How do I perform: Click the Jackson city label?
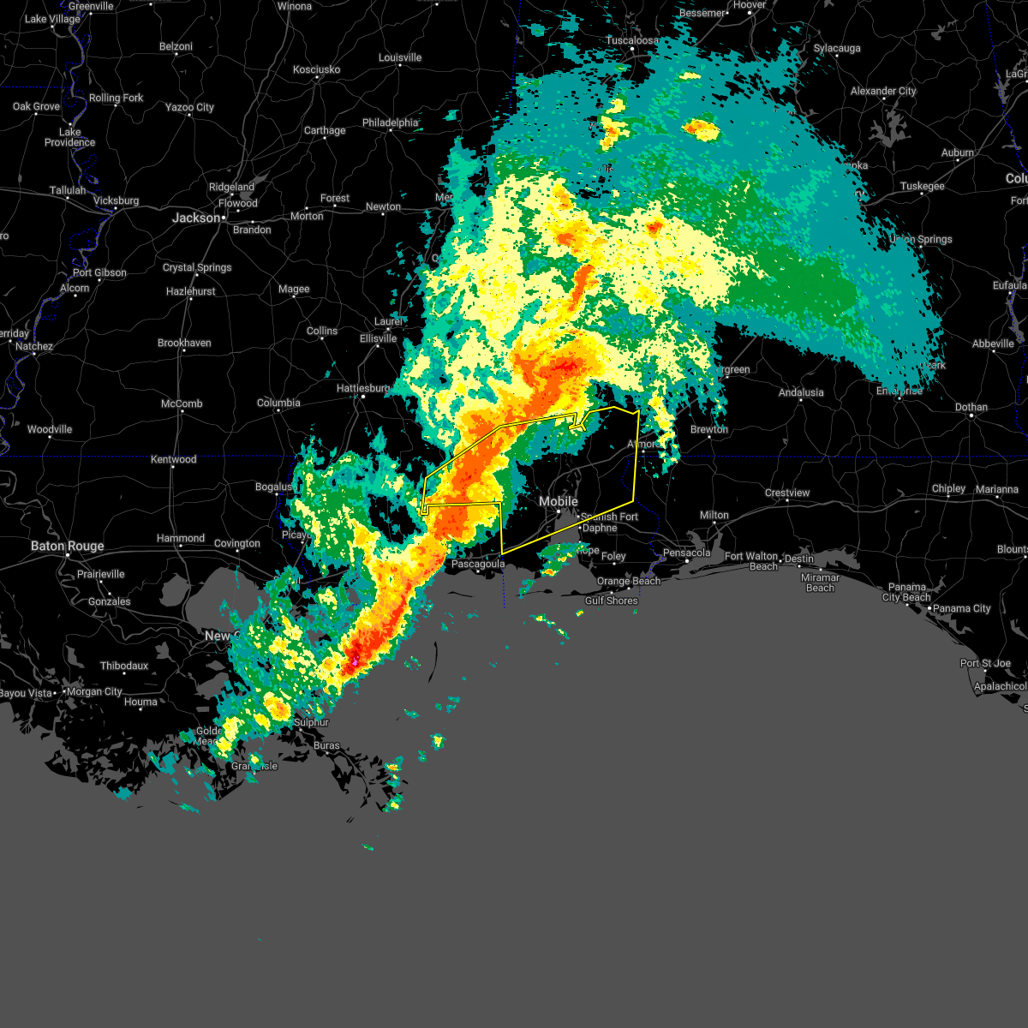pos(197,218)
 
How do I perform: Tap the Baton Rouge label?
pos(67,546)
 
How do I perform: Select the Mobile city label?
pos(558,501)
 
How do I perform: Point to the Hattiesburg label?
pos(363,388)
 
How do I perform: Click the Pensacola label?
pos(687,553)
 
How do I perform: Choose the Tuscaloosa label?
pos(632,40)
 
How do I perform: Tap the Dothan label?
pos(971,407)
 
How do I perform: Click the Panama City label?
pos(962,608)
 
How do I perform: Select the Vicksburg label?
pos(116,200)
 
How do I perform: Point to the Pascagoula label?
pos(478,564)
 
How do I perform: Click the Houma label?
pos(140,702)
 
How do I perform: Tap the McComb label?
pos(182,403)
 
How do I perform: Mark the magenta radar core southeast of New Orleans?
pos(355,662)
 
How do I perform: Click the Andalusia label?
pos(801,392)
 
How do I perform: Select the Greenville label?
pos(90,6)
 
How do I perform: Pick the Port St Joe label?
pos(985,663)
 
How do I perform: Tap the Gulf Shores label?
pos(611,601)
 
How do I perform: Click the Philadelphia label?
pos(390,123)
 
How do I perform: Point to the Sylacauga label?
pos(837,48)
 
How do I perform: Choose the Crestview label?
pos(787,493)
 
